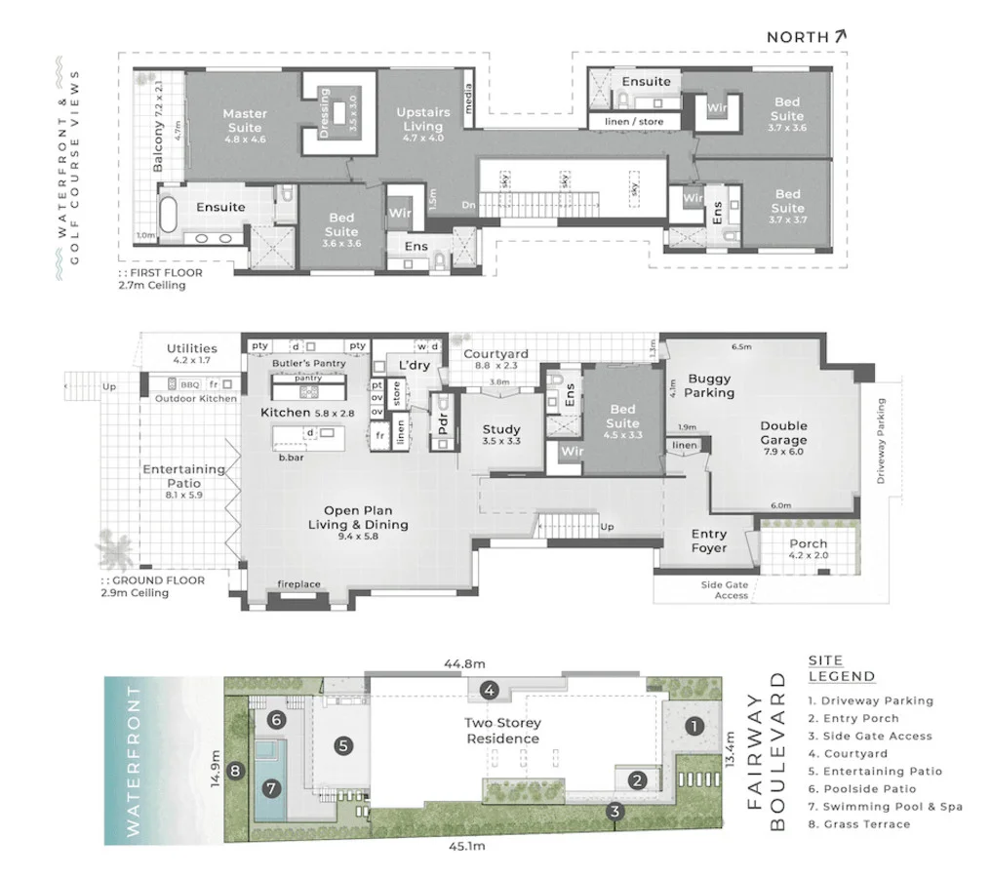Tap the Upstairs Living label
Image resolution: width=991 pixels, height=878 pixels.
tap(422, 120)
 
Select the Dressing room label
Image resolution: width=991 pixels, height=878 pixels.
tap(325, 113)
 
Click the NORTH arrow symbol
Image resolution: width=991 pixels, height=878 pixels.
tap(840, 36)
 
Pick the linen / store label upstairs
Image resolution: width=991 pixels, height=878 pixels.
tap(634, 121)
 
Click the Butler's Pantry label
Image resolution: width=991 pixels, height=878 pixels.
tap(309, 363)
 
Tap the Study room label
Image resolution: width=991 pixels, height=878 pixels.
tap(501, 429)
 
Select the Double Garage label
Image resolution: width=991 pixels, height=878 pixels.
tap(784, 432)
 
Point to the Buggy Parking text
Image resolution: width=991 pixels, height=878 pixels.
tap(709, 385)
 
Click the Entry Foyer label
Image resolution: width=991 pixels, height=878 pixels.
tap(709, 540)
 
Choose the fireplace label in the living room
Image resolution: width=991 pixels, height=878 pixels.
tap(299, 585)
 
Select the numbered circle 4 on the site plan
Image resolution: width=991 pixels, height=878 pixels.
tap(491, 691)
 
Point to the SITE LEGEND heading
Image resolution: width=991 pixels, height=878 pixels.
tap(841, 668)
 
